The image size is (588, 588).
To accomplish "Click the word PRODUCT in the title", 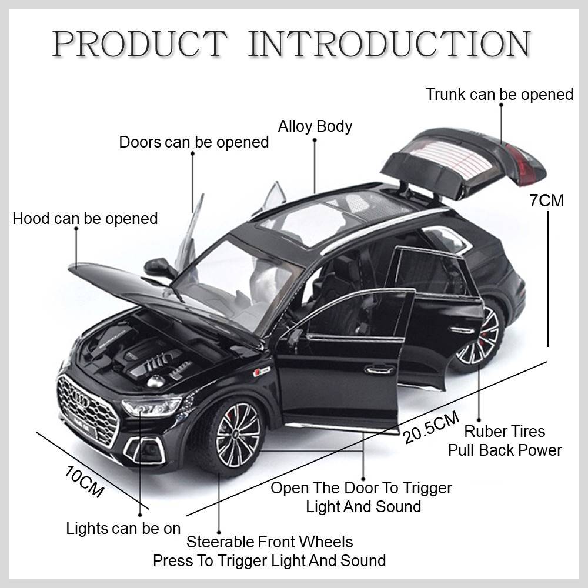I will pos(139,44).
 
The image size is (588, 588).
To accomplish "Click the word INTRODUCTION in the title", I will pos(389,44).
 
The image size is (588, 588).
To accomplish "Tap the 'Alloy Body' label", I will pos(315,126).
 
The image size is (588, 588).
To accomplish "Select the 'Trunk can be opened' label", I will pos(499,94).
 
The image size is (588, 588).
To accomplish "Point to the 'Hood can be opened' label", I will pos(85,219).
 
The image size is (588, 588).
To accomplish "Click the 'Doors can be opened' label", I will pos(193,142).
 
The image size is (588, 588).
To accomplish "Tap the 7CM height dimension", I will pos(546,201).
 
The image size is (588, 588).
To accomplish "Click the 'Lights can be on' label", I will pos(123,528).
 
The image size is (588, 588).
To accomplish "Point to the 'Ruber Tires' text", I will pos(505,431).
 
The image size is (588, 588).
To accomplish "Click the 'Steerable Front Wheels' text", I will pos(269,541).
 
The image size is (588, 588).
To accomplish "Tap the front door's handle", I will pos(380,369).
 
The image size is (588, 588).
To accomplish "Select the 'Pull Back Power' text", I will pos(505,450).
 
